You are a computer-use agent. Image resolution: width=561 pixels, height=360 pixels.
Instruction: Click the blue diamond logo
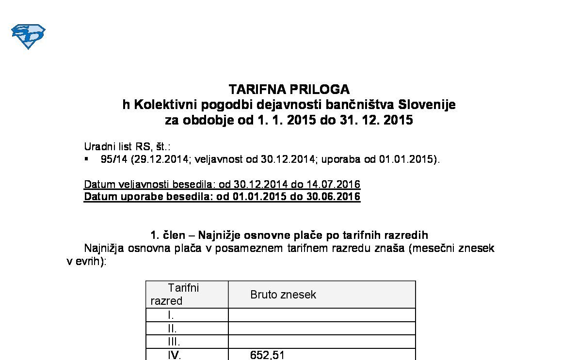point(28,36)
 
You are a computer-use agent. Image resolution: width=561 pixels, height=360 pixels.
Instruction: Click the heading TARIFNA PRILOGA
point(289,90)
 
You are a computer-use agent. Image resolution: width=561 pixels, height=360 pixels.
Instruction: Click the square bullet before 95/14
point(86,159)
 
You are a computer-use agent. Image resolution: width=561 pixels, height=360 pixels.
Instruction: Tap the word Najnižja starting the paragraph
point(104,249)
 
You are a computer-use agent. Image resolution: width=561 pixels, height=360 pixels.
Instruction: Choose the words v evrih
point(84,262)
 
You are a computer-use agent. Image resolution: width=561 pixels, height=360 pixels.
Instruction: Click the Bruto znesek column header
point(283,295)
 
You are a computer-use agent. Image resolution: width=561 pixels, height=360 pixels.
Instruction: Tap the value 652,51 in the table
point(268,355)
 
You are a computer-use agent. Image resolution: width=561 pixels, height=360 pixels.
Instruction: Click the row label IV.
point(174,355)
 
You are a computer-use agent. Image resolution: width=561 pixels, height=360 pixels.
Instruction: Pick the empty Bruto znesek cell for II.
point(321,329)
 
